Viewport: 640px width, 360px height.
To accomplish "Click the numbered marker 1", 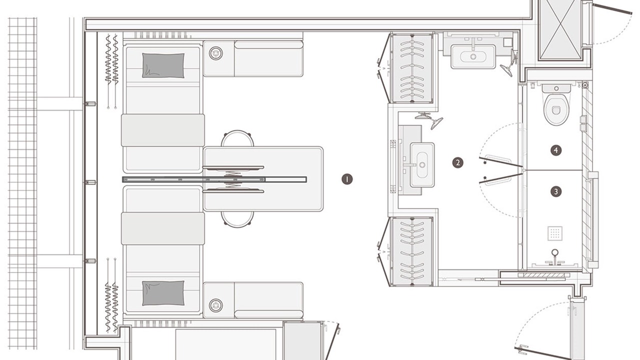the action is pyautogui.click(x=347, y=179).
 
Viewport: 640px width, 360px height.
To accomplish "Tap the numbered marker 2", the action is pyautogui.click(x=457, y=162).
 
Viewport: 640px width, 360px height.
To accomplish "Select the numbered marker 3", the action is pyautogui.click(x=556, y=191).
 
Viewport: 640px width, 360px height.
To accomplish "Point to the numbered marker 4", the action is pyautogui.click(x=556, y=150).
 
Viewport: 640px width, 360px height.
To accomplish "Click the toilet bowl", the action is pyautogui.click(x=556, y=108).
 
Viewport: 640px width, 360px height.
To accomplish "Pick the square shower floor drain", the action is pyautogui.click(x=555, y=233).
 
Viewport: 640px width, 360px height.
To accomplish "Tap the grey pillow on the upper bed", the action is pyautogui.click(x=163, y=65).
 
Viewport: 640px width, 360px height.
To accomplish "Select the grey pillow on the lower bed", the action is pyautogui.click(x=163, y=293).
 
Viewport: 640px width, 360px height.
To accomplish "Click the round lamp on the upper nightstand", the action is pyautogui.click(x=215, y=53).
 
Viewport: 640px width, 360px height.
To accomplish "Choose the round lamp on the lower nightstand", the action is pyautogui.click(x=215, y=305).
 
